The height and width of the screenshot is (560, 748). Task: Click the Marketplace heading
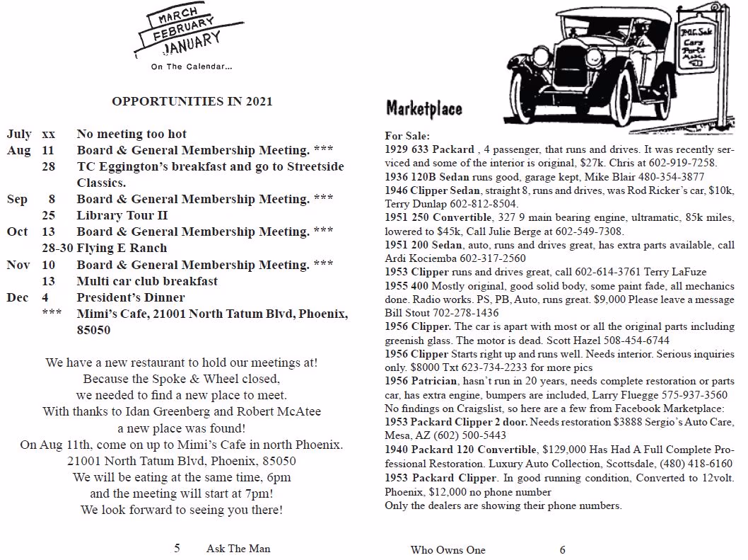coord(424,109)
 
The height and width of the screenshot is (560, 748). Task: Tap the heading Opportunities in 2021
coord(192,101)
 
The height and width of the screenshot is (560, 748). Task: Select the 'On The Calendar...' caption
coord(191,67)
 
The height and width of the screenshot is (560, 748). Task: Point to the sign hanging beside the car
coord(699,50)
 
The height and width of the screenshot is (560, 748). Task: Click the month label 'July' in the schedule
coord(19,134)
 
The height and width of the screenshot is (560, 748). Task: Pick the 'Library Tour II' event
coord(122,215)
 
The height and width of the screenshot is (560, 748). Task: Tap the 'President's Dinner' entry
coord(131,297)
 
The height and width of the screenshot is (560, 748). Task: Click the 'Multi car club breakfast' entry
coord(147,281)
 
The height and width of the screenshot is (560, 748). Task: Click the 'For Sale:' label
coord(407,136)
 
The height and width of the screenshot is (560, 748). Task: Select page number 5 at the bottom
coord(177,548)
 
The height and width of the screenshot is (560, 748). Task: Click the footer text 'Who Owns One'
coord(448,550)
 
